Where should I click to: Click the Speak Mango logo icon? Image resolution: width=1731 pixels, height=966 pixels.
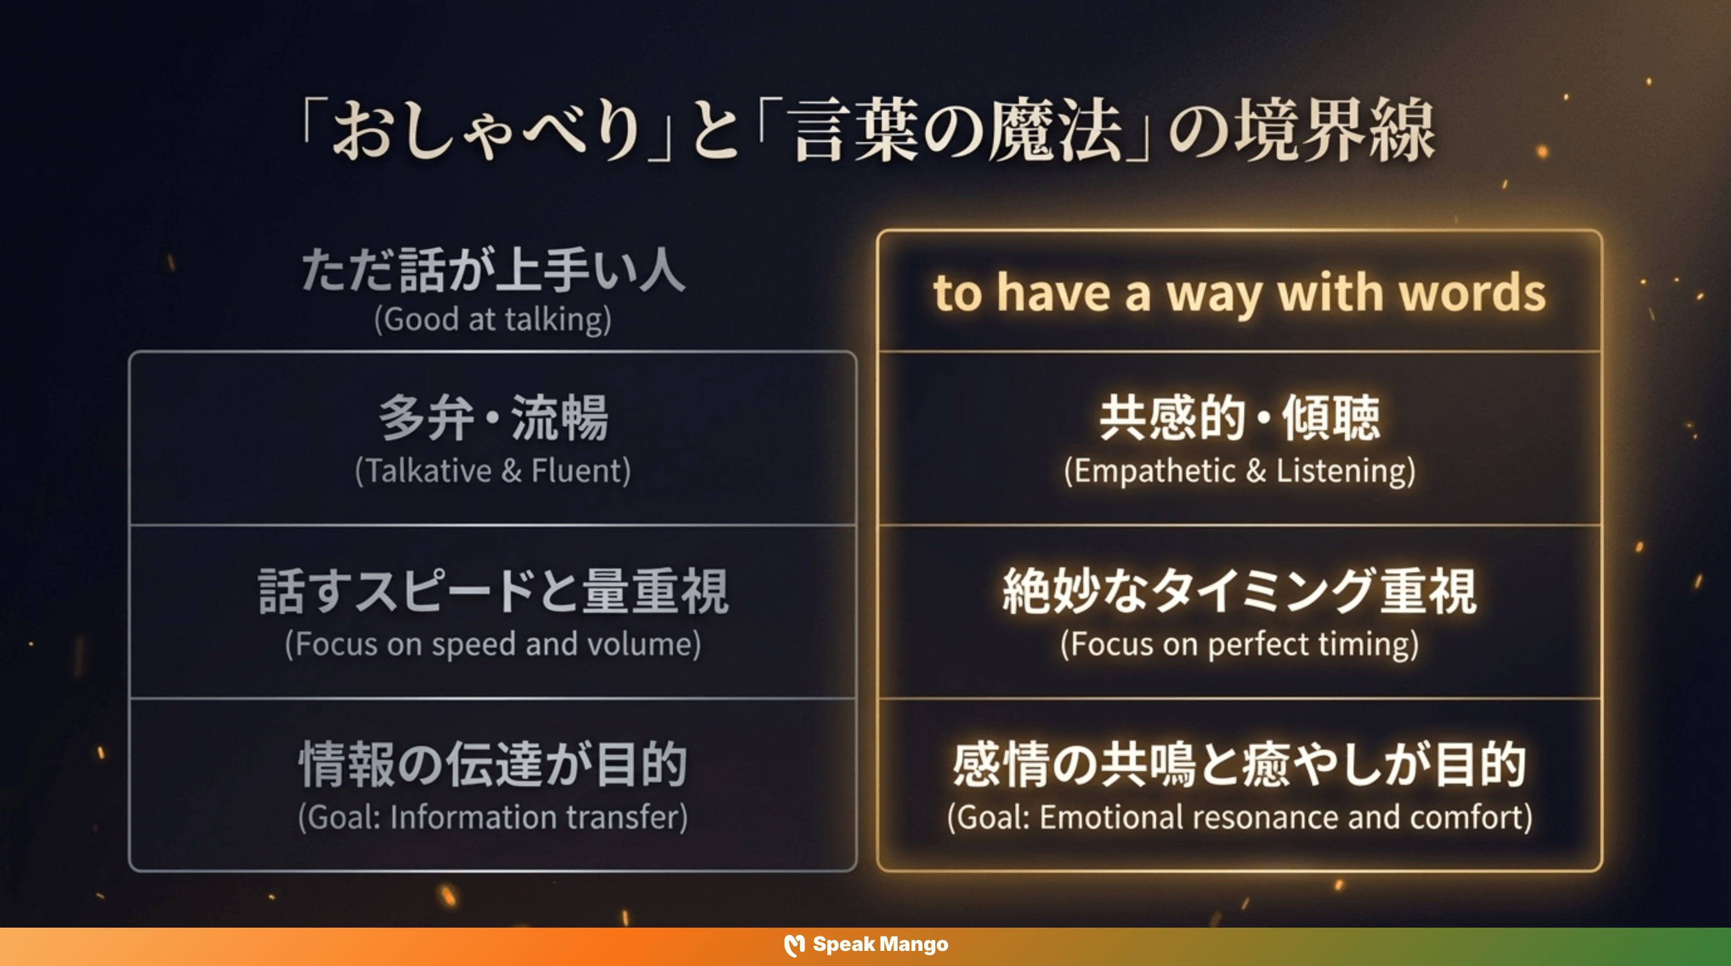pos(794,945)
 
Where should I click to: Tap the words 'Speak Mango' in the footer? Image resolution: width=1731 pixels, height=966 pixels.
pos(881,945)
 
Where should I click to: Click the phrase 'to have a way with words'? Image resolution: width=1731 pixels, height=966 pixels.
pos(1239,293)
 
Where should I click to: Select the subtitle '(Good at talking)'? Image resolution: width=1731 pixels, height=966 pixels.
pos(493,319)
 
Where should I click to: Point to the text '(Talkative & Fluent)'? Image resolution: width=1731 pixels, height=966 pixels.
pos(493,471)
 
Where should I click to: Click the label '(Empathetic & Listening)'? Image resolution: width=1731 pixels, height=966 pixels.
pos(1239,471)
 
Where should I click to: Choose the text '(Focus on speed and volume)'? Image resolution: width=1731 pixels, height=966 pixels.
pos(493,644)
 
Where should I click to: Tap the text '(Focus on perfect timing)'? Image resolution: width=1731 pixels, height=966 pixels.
pos(1239,644)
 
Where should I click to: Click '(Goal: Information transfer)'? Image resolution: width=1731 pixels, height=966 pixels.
pos(493,818)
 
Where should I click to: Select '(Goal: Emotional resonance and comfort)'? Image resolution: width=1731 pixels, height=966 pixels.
pos(1239,818)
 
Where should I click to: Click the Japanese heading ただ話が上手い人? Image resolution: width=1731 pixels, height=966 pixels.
pos(493,270)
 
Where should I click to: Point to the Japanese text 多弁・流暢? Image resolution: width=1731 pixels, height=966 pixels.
pos(493,418)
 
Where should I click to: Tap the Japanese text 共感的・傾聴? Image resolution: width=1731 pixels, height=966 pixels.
pos(1239,418)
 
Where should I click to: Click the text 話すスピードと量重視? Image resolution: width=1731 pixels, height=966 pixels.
pos(493,591)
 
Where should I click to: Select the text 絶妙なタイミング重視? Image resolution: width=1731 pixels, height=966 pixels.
pos(1239,591)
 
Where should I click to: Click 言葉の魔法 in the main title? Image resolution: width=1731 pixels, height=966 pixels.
pos(957,130)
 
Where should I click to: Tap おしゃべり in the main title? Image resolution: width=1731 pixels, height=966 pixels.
pos(487,130)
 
